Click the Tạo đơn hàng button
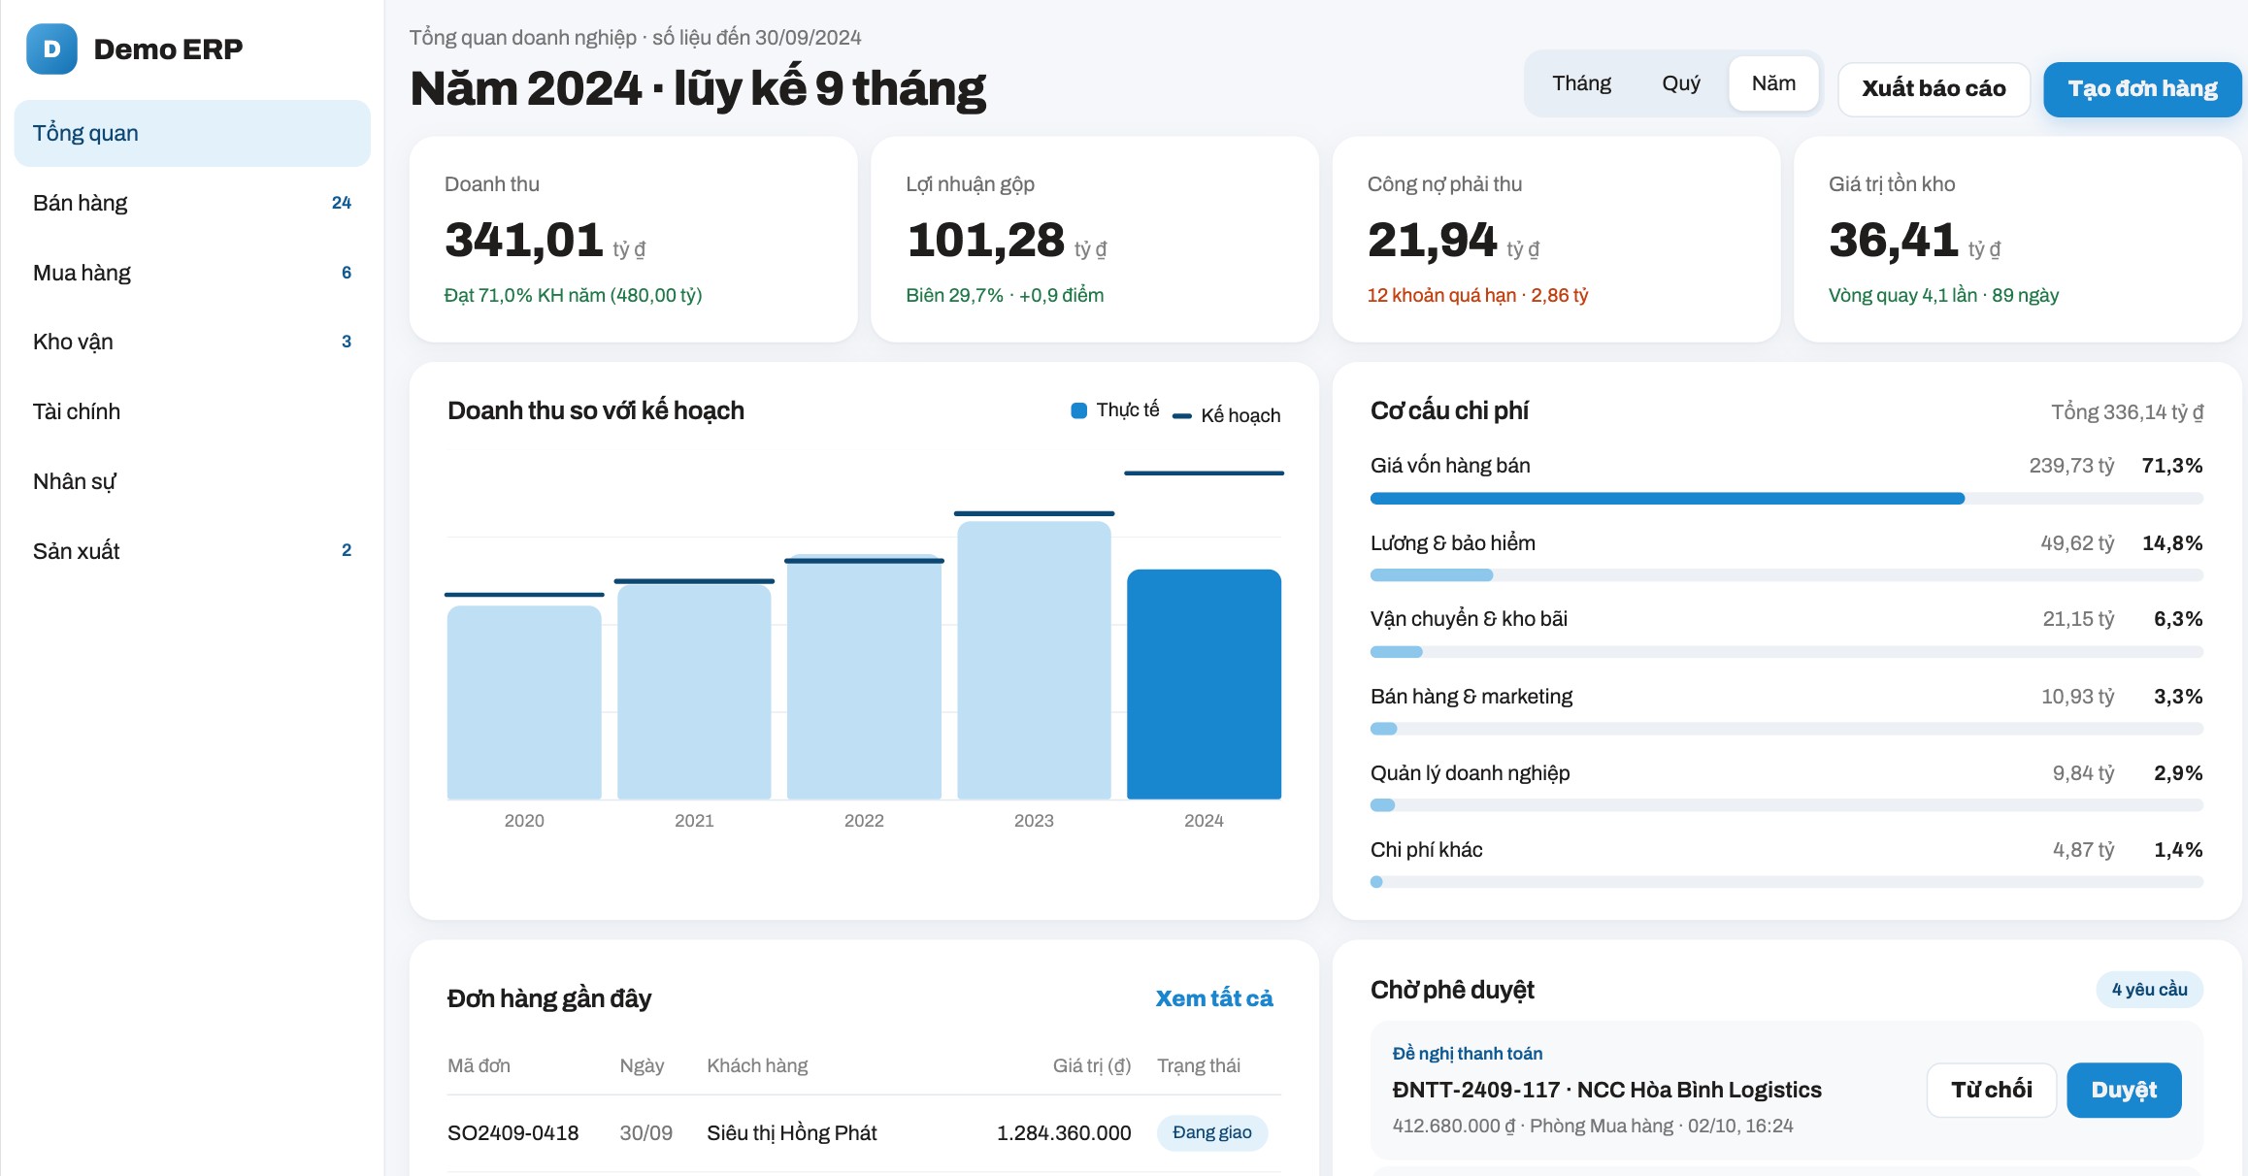pos(2142,89)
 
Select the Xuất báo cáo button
pos(1934,89)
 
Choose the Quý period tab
pos(1681,83)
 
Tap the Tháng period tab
pos(1581,83)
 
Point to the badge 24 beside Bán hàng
pos(342,203)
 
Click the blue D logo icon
pos(51,49)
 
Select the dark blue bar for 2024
pos(1204,684)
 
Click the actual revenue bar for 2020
pos(524,702)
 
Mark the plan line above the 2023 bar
pos(1034,513)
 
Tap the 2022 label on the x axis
pos(864,821)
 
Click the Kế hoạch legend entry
pos(1227,415)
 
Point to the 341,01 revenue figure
pos(524,241)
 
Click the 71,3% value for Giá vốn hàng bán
pos(2172,466)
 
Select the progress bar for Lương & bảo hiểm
pos(1786,575)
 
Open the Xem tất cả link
pos(1213,998)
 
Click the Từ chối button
pos(1992,1090)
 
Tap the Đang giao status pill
pos(1212,1132)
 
